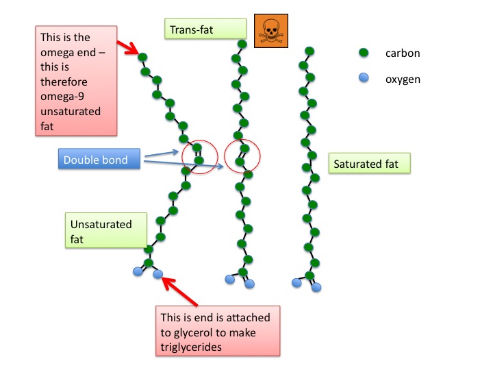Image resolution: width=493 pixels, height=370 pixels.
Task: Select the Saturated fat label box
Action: point(370,164)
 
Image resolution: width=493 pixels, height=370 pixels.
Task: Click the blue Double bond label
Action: point(100,160)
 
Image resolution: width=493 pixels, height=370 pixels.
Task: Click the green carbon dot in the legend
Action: point(364,53)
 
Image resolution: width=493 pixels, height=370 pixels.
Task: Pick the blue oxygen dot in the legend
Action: point(364,78)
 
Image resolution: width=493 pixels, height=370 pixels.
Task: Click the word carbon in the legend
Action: point(403,53)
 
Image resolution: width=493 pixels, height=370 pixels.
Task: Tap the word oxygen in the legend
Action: point(403,79)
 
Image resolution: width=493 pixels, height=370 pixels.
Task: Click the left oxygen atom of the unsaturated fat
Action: point(138,272)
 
